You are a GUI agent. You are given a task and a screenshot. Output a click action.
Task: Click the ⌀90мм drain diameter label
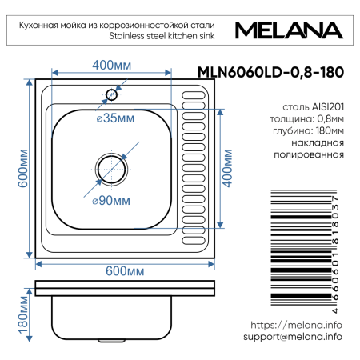pyautogui.click(x=106, y=198)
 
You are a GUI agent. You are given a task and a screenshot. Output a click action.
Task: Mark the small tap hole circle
pyautogui.click(x=111, y=94)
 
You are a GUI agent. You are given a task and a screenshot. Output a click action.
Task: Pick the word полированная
pyautogui.click(x=315, y=155)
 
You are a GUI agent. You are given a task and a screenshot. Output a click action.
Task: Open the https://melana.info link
pyautogui.click(x=296, y=326)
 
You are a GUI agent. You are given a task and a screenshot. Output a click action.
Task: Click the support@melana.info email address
pyautogui.click(x=293, y=338)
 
